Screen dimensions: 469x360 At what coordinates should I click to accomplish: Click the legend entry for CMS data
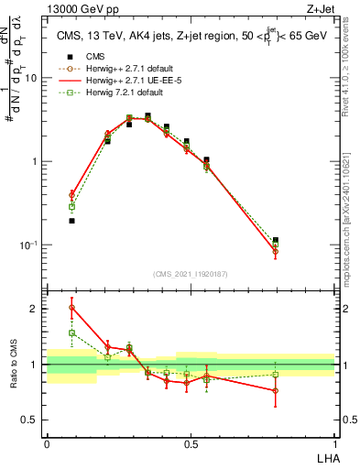pyautogui.click(x=83, y=55)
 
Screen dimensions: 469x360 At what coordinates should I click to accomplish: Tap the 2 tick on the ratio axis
pyautogui.click(x=35, y=309)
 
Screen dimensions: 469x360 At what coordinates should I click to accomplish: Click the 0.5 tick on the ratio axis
pyautogui.click(x=30, y=421)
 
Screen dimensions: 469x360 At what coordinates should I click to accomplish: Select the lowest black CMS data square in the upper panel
pyautogui.click(x=71, y=221)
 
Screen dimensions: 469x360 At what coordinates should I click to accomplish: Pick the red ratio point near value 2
pyautogui.click(x=71, y=307)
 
